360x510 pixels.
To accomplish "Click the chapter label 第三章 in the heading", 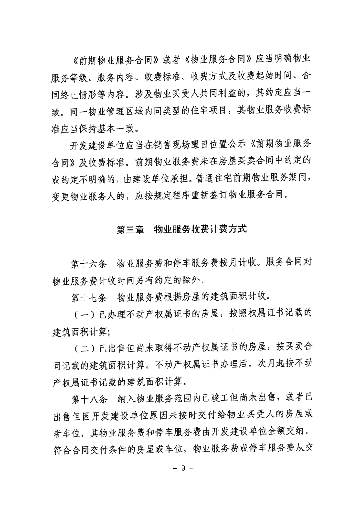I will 130,229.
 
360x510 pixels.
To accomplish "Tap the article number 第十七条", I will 89,297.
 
